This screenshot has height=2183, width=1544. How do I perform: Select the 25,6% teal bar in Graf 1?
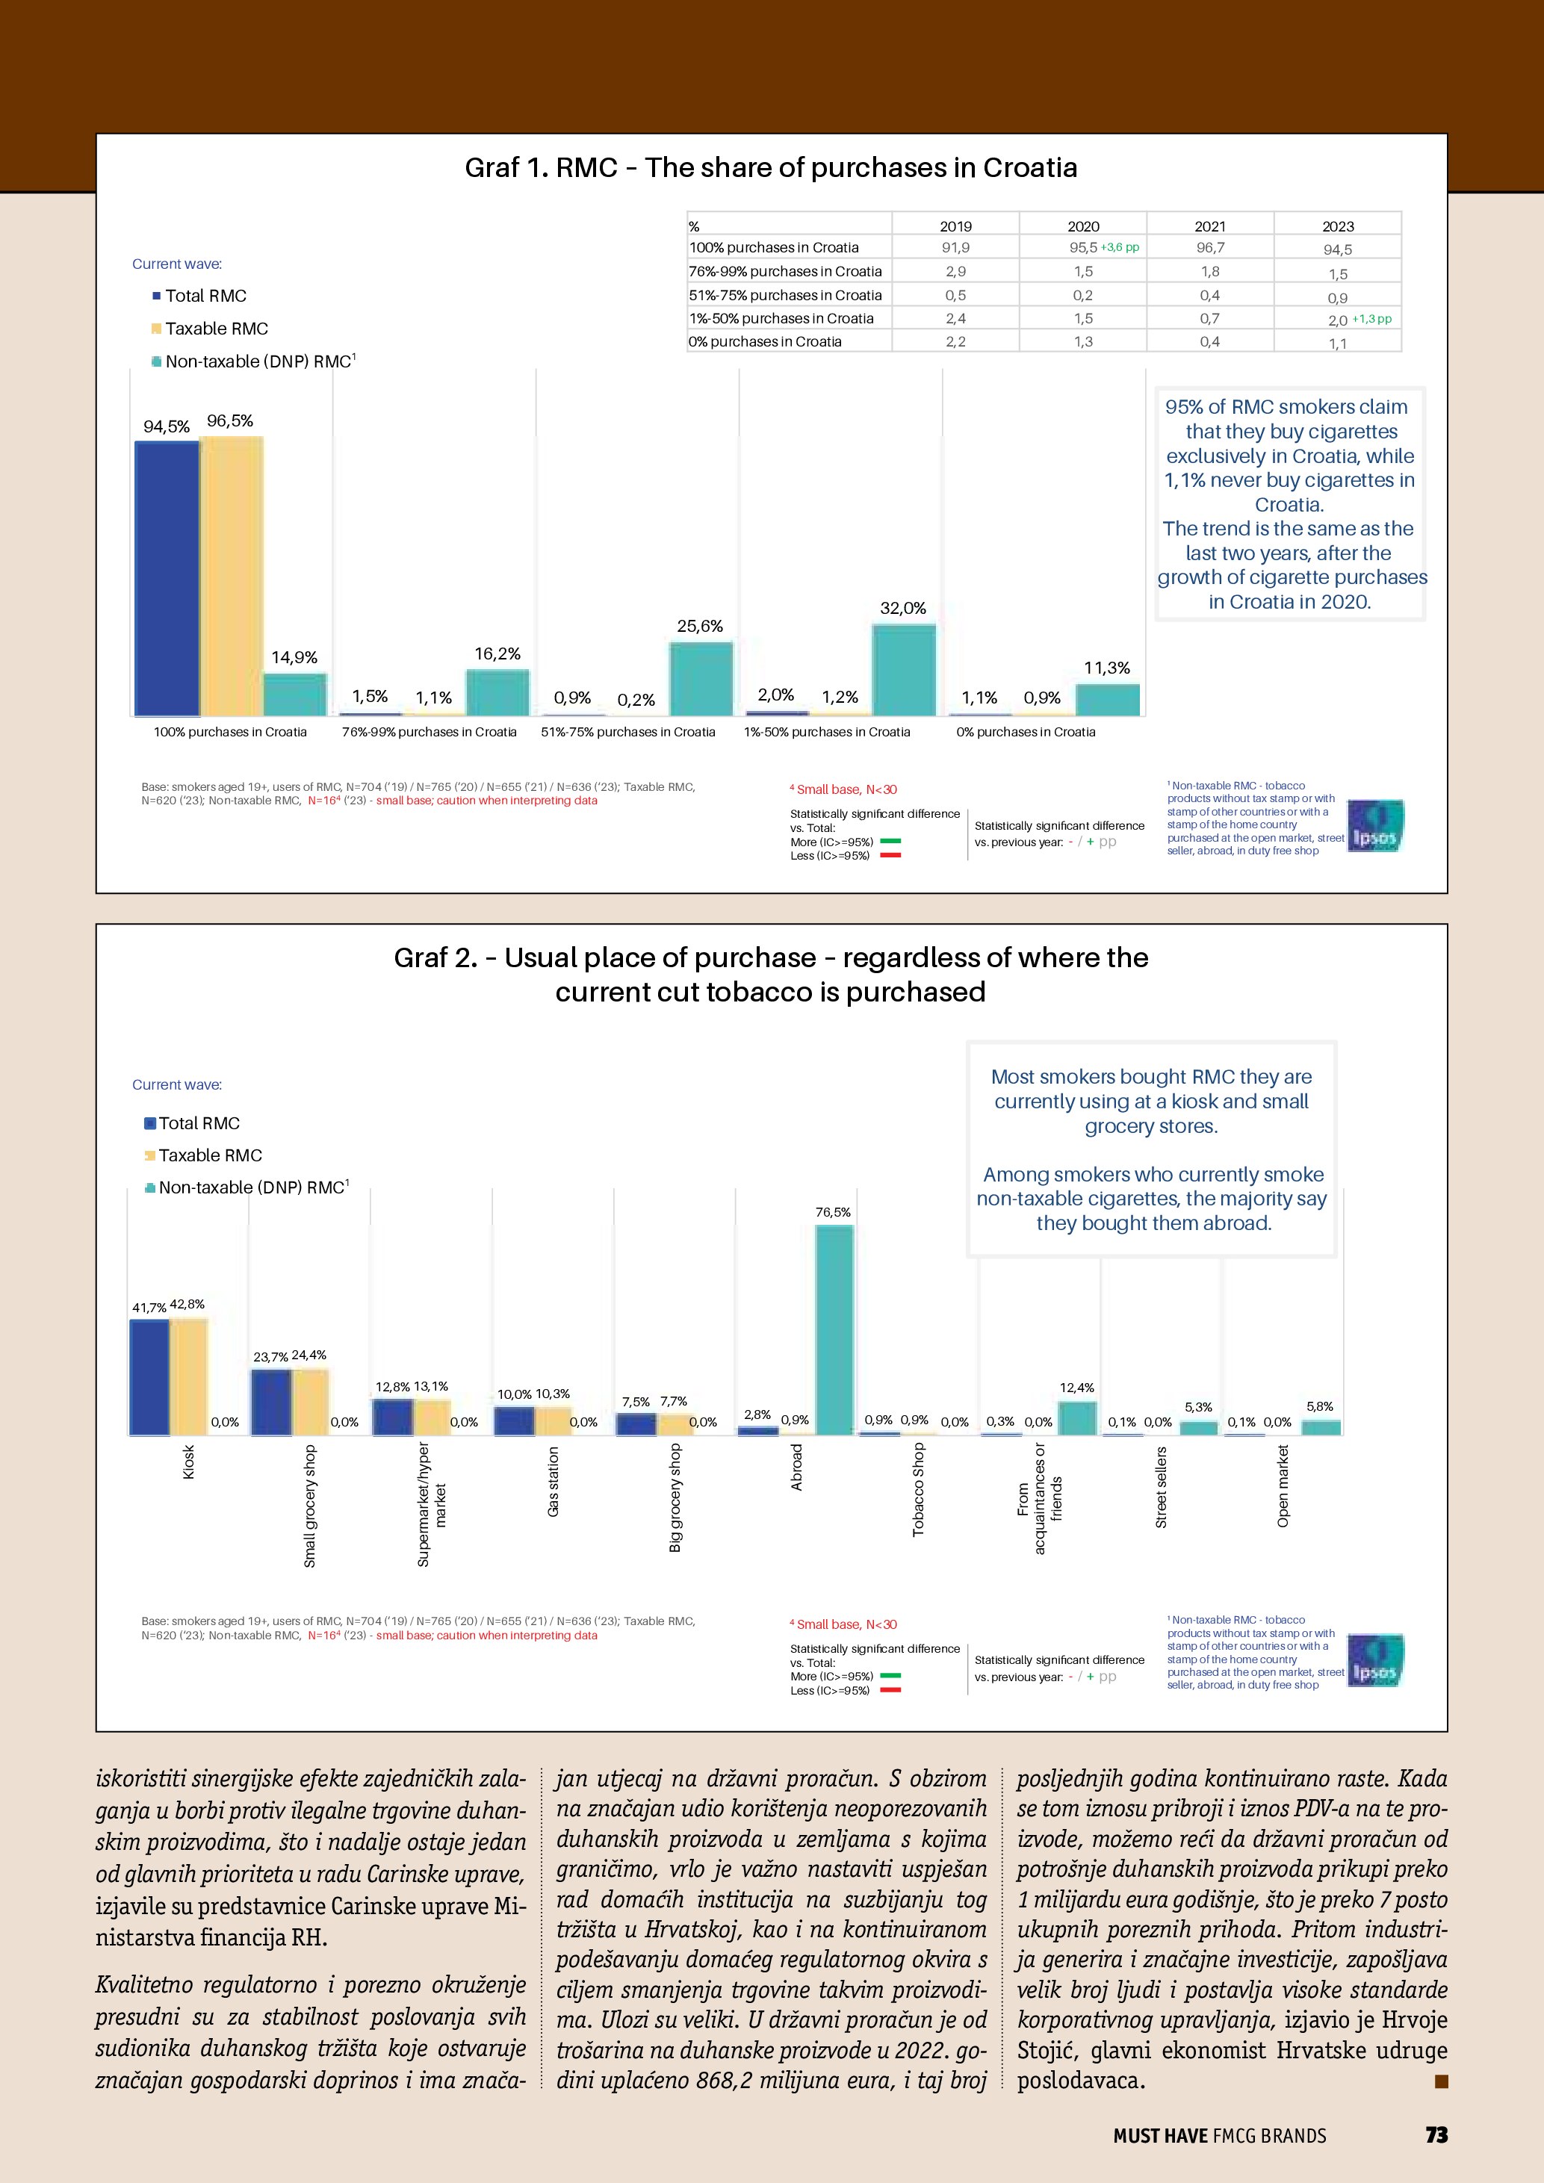coord(701,679)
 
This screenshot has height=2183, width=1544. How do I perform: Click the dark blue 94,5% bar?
coord(167,578)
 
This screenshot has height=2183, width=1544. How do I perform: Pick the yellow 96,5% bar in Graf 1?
coord(231,576)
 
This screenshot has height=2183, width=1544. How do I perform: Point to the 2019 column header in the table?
coord(955,226)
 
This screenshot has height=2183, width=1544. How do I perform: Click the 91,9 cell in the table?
coord(955,248)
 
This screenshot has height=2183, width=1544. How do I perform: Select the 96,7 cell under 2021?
coord(1209,248)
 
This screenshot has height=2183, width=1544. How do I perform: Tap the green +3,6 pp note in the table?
coord(1120,247)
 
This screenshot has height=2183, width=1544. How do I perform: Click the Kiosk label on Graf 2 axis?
coord(188,1462)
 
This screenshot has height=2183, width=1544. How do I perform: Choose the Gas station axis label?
coord(554,1481)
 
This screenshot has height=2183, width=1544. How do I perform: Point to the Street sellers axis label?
coord(1161,1487)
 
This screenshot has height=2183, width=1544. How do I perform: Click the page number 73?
coord(1436,2134)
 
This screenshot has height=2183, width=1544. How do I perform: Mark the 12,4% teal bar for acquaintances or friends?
coord(1077,1417)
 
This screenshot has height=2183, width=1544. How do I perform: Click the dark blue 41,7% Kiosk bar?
coord(149,1376)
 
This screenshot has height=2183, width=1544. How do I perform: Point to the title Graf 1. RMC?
coord(770,168)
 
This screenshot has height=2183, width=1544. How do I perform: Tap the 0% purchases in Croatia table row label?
coord(766,341)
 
